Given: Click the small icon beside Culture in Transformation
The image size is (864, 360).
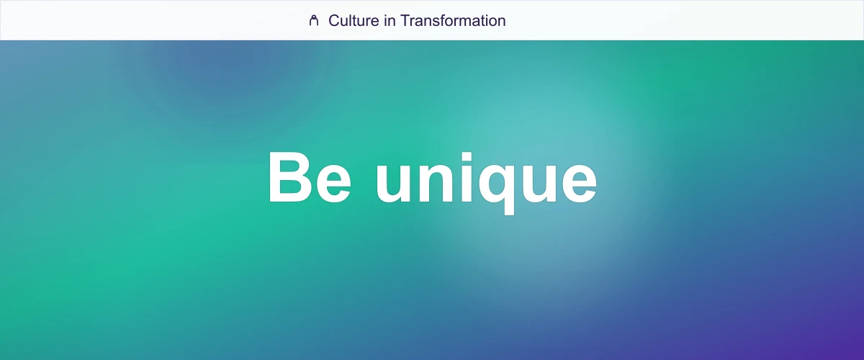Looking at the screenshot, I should pos(313,20).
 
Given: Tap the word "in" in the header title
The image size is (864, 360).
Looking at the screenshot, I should pos(390,20).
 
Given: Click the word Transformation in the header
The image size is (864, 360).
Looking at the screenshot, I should pos(453,20).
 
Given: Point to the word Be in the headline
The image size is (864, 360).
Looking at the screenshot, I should pos(309,177).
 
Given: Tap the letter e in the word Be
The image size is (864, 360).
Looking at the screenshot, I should pos(333,184).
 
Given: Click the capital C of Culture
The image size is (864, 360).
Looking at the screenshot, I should pos(334,20).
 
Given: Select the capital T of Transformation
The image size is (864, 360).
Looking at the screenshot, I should pos(405,20).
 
